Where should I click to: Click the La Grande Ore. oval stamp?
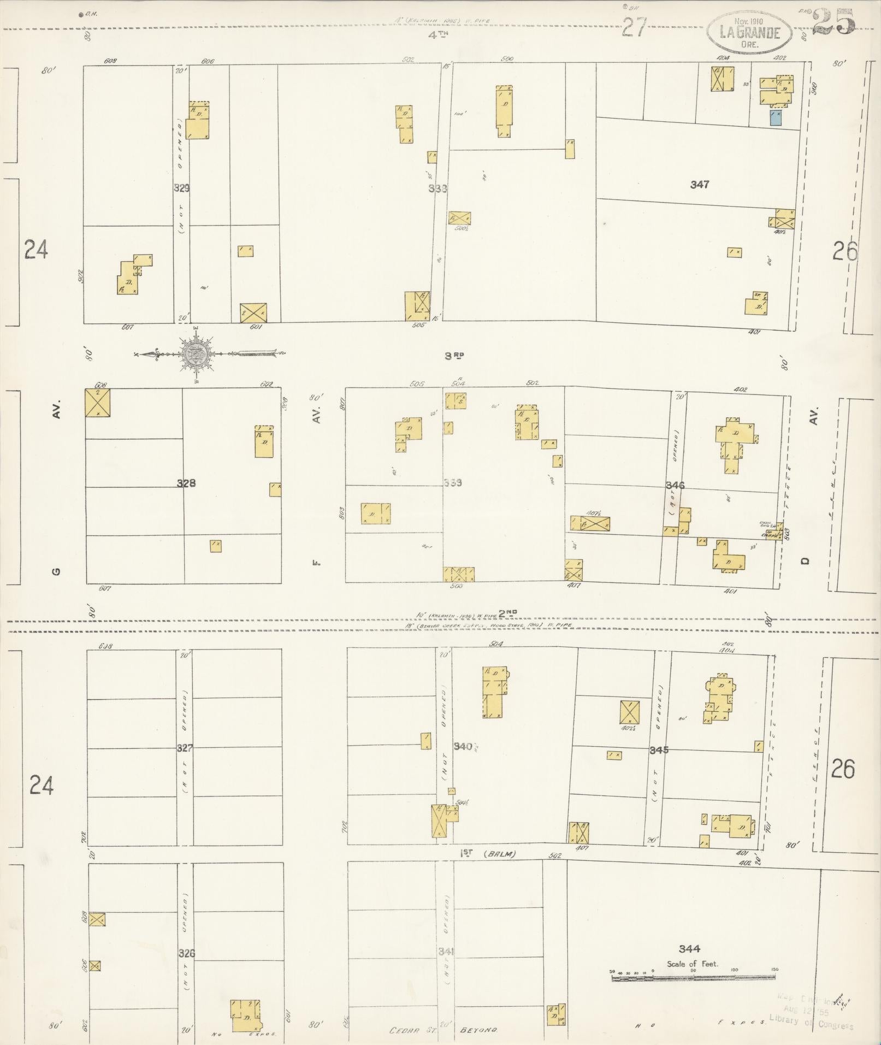tap(749, 31)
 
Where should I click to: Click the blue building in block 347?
tap(776, 118)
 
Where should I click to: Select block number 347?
tap(699, 185)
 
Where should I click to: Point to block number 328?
tap(186, 483)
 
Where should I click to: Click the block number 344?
tap(689, 949)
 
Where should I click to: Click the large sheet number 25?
tap(833, 22)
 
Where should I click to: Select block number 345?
tap(659, 751)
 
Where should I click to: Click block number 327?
tap(185, 748)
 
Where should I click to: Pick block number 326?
tap(186, 953)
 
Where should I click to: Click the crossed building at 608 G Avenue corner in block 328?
tap(98, 403)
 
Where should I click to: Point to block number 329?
tap(182, 188)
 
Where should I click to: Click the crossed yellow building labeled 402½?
tap(629, 712)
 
